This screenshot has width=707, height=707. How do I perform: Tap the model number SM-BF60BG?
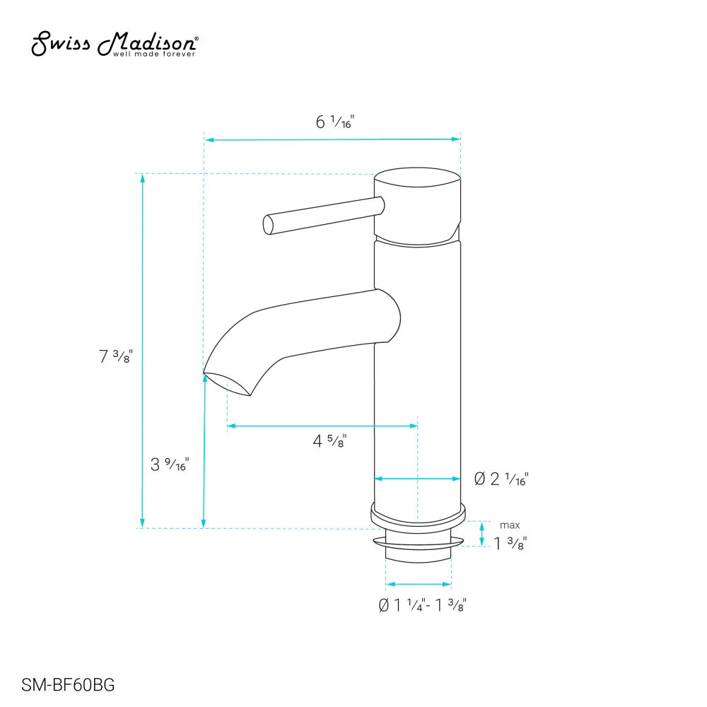[67, 684]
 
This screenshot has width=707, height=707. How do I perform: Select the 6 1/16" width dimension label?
[334, 122]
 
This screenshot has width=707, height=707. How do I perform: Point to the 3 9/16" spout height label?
[170, 464]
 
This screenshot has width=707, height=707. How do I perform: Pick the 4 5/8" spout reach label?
[329, 442]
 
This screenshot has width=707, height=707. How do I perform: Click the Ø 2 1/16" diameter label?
[501, 479]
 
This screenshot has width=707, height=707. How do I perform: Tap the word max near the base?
[510, 525]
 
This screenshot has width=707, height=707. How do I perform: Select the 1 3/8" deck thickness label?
[510, 543]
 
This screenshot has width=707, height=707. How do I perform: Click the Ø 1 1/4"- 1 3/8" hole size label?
[422, 605]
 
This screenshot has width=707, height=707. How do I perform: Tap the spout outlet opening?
[228, 382]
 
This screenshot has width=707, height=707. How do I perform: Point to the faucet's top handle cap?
[417, 205]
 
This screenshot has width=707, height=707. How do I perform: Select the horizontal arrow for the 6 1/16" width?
[332, 140]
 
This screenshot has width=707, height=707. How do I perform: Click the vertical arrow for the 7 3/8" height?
[143, 350]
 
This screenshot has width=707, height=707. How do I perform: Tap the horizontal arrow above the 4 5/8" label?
[322, 426]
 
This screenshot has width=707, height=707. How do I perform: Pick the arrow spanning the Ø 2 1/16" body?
[417, 479]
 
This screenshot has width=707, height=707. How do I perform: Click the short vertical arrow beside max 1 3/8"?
[482, 534]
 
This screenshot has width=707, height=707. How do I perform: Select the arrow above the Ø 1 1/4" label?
[418, 585]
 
